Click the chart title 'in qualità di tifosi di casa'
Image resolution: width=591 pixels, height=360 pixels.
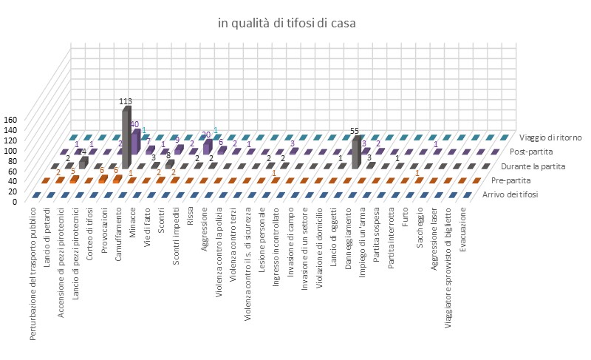(287, 24)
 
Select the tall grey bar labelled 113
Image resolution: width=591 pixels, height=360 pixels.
(127, 137)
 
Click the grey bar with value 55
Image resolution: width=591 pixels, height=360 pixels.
(357, 152)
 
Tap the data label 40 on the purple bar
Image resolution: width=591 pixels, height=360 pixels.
(134, 124)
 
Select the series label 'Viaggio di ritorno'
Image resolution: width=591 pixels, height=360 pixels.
(550, 137)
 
